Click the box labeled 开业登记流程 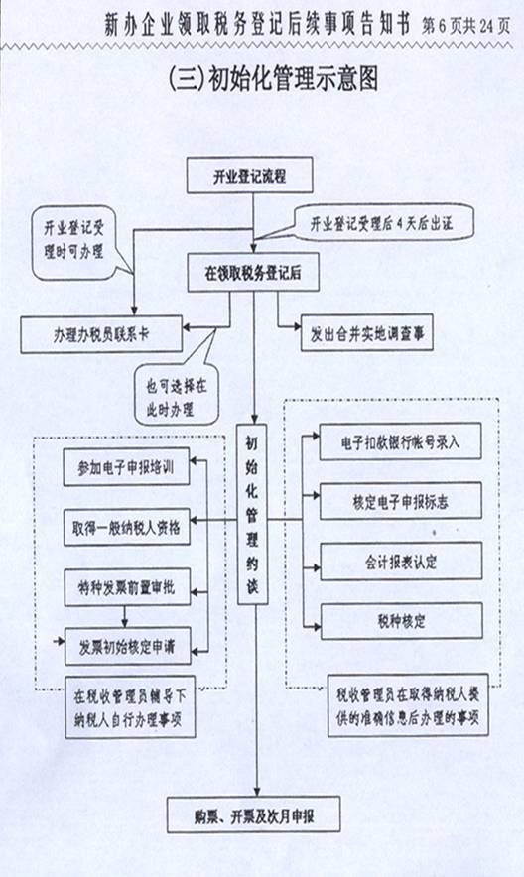249,176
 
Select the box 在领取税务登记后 253,273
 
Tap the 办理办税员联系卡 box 101,334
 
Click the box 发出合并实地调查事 367,334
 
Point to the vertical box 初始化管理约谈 253,514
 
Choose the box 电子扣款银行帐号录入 400,441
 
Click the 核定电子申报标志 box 400,502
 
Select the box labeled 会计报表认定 401,562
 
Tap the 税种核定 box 402,621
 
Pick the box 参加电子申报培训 126,467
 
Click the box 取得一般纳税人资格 126,527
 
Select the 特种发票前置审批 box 127,587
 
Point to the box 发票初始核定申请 127,647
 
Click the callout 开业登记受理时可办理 74,242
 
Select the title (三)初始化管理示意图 273,78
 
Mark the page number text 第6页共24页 465,26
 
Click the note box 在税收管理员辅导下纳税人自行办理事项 130,707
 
